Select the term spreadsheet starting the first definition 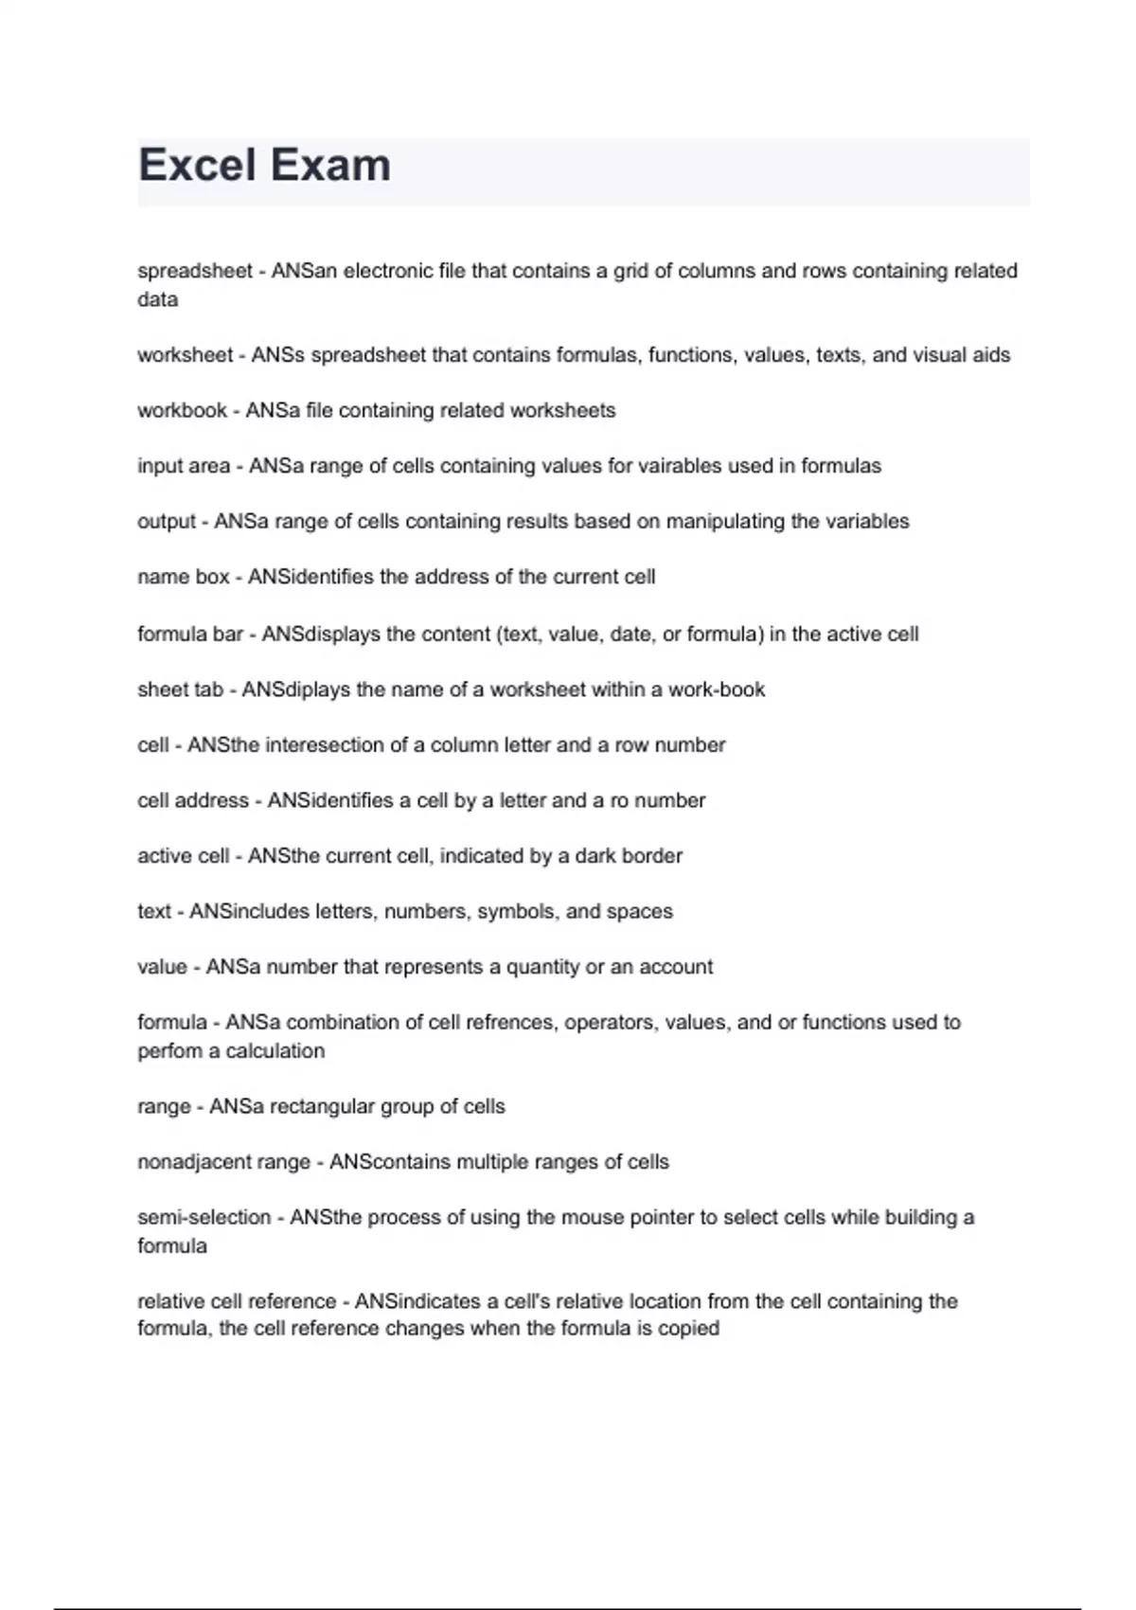click(195, 271)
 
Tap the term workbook click(182, 410)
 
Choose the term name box click(184, 577)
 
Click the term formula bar click(190, 634)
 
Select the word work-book click(717, 689)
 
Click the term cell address click(193, 800)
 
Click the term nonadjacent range click(223, 1162)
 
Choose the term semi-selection click(204, 1217)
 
